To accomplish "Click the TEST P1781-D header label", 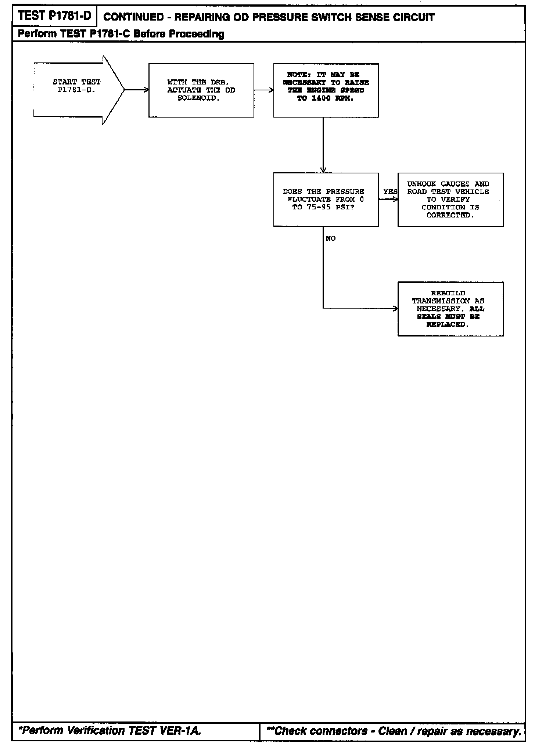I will pyautogui.click(x=54, y=16).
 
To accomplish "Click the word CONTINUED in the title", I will pyautogui.click(x=133, y=17).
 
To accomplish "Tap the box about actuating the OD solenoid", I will pyautogui.click(x=201, y=90).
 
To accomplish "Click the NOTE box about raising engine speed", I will pyautogui.click(x=326, y=90).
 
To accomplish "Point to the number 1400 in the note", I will pyautogui.click(x=321, y=98).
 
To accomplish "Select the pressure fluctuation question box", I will pyautogui.click(x=326, y=199).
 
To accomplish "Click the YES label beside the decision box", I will pyautogui.click(x=390, y=192).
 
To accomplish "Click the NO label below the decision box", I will pyautogui.click(x=331, y=239).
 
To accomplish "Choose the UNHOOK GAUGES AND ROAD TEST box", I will pyautogui.click(x=450, y=199).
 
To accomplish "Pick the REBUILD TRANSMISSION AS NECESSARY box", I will pyautogui.click(x=450, y=309).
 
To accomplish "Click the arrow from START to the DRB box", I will pyautogui.click(x=137, y=90).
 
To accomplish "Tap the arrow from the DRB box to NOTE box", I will pyautogui.click(x=263, y=90).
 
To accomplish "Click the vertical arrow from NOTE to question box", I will pyautogui.click(x=323, y=145).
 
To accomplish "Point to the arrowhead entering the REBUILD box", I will pyautogui.click(x=395, y=309).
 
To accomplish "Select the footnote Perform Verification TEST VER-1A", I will pyautogui.click(x=110, y=731).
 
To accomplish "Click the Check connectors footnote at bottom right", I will pyautogui.click(x=393, y=731).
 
